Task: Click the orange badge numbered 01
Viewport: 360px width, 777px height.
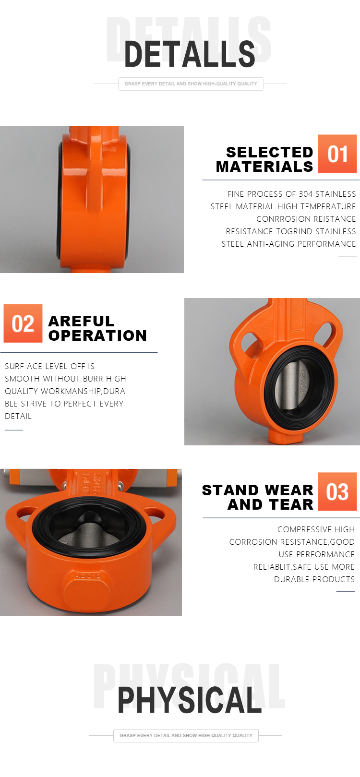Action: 337,154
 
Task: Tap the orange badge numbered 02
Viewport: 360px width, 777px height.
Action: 23,323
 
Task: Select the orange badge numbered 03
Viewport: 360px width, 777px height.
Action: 337,491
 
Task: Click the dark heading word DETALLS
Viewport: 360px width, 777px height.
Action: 190,54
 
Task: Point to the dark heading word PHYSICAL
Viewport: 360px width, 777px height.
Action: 190,700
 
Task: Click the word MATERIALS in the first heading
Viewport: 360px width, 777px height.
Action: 264,167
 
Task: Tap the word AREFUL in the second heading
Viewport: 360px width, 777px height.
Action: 81,321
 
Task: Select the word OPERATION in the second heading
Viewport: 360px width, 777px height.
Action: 97,335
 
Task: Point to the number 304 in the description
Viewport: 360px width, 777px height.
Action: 306,194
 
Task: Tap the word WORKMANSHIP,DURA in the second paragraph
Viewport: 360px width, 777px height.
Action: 83,391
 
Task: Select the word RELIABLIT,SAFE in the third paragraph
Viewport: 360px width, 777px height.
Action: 282,567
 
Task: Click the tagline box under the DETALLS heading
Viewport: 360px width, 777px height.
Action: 191,84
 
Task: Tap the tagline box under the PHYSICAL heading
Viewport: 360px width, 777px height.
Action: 186,735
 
